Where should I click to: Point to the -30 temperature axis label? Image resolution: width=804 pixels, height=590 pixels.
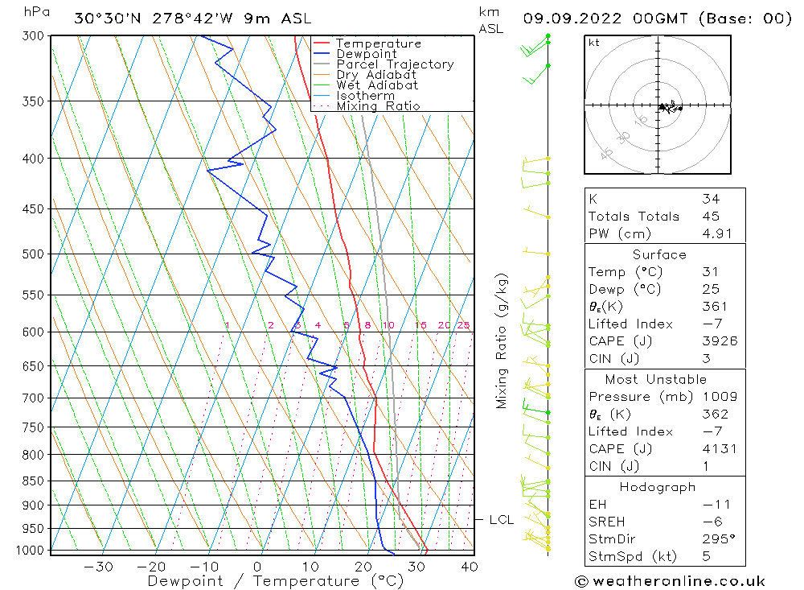click(97, 567)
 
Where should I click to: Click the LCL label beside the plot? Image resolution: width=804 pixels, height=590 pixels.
click(502, 520)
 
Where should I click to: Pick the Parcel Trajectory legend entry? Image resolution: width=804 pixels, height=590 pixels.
click(395, 64)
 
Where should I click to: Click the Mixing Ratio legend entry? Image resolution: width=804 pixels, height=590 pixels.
click(378, 106)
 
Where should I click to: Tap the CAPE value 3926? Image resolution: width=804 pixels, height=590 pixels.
click(719, 340)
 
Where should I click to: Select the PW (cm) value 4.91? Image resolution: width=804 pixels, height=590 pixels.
click(716, 233)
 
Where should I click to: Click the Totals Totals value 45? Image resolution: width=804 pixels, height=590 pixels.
click(711, 216)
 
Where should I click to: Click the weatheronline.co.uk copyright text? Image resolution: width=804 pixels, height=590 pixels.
click(670, 581)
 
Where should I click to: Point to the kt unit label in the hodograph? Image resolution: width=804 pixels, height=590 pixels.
click(593, 43)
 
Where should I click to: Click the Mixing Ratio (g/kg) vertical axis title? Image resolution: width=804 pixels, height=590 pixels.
click(503, 340)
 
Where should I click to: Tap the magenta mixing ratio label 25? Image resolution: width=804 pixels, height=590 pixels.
click(463, 325)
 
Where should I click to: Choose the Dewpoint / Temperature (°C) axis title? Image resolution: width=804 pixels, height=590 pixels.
click(275, 581)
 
